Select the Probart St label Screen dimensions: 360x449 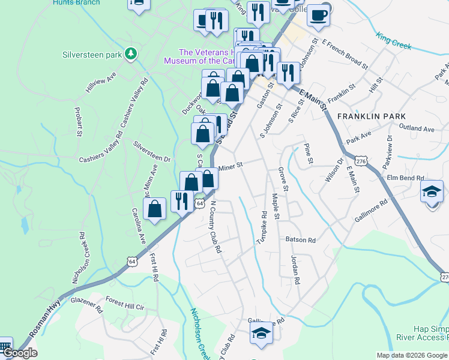point(79,123)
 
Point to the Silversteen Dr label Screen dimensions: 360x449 point(152,152)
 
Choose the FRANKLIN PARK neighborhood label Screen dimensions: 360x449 point(372,116)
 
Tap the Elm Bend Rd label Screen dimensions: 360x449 point(406,178)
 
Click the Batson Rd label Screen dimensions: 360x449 point(300,239)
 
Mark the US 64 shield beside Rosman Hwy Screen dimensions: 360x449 point(131,261)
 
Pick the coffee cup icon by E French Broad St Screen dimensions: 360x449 point(318,16)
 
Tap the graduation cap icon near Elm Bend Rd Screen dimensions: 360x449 point(432,193)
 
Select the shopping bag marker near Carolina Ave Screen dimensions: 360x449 point(155,209)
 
